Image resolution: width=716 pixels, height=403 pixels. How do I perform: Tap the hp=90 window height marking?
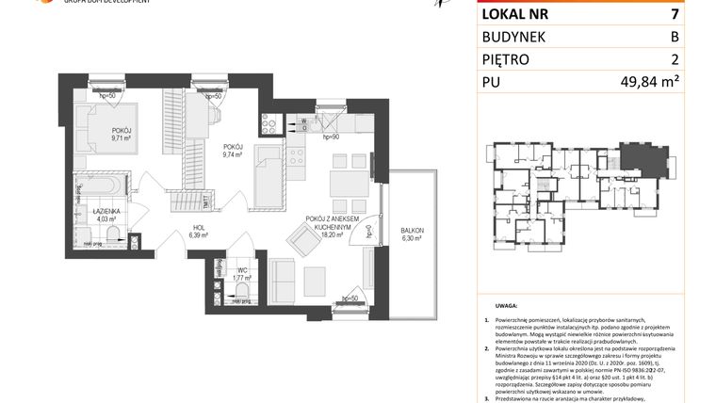click(331, 137)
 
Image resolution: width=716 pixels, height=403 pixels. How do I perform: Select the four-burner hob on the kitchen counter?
click(298, 154)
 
